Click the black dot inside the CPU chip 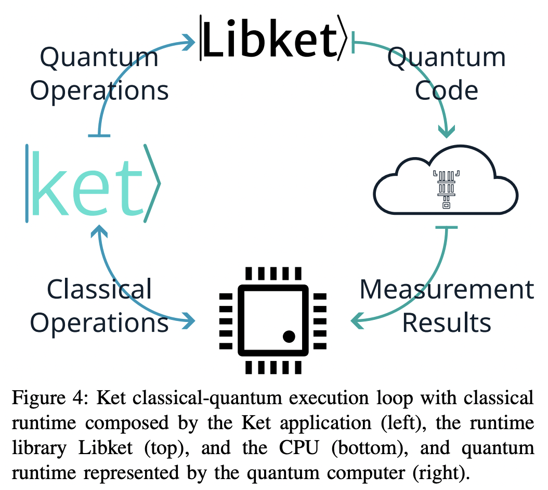pos(289,337)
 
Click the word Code pos(446,91)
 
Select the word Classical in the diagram pos(99,289)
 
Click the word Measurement pos(447,289)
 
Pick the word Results pos(447,323)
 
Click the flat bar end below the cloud pos(446,227)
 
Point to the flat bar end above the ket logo pos(99,136)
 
